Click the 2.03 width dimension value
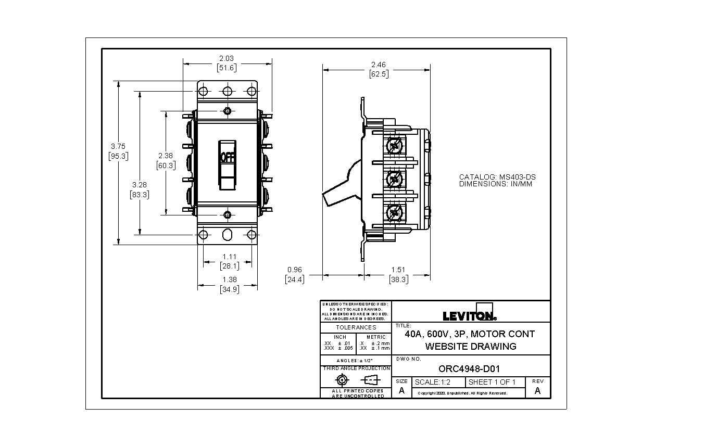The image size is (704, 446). [227, 58]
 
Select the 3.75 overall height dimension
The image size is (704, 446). [118, 146]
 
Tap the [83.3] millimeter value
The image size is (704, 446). [140, 195]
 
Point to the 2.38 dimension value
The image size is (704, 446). [166, 156]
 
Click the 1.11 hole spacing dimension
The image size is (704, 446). [230, 257]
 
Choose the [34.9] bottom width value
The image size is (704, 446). [230, 289]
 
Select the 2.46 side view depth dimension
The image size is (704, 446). [379, 65]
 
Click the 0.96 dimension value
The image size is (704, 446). [295, 270]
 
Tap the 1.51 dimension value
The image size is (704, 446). [398, 270]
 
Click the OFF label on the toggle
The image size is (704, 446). [228, 157]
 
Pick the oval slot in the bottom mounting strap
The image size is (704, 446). [227, 234]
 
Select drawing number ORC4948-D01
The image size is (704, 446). [469, 369]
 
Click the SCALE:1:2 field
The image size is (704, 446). [432, 382]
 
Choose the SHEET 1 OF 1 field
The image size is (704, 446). [492, 382]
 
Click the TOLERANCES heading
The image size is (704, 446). [356, 327]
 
